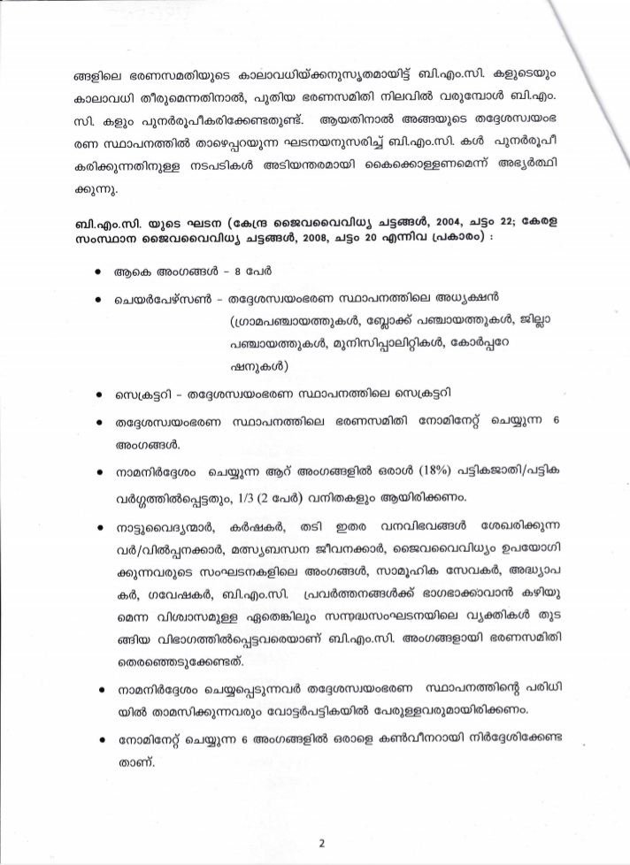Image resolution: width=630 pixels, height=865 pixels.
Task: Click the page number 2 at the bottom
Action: point(322,842)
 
